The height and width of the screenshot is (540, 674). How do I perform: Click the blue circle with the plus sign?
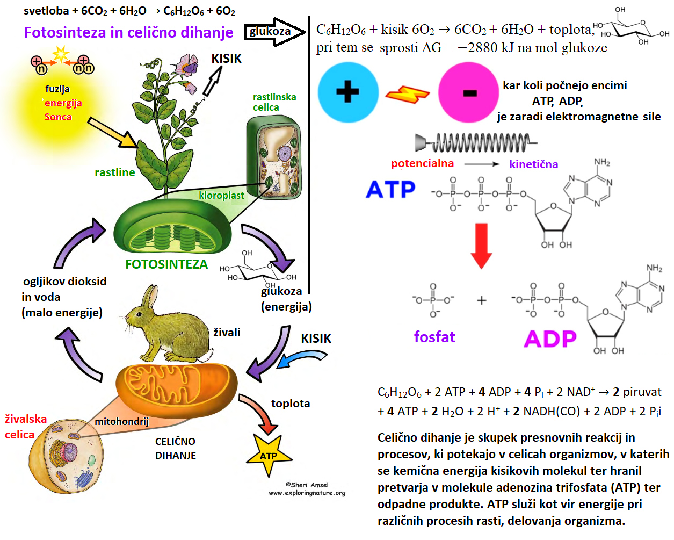348,92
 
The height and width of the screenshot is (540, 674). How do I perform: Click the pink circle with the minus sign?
469,92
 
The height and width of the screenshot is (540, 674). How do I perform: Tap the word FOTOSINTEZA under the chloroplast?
166,264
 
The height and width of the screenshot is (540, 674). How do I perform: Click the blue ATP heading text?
391,189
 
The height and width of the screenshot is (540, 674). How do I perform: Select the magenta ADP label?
550,339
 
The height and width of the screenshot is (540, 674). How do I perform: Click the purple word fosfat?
434,337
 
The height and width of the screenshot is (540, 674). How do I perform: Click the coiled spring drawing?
475,143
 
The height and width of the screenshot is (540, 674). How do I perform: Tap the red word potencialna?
422,163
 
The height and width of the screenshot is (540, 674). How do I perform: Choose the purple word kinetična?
533,164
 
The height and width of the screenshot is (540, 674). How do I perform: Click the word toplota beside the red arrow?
290,403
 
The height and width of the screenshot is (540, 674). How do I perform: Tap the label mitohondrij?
121,421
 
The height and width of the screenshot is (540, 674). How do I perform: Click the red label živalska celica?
25,427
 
